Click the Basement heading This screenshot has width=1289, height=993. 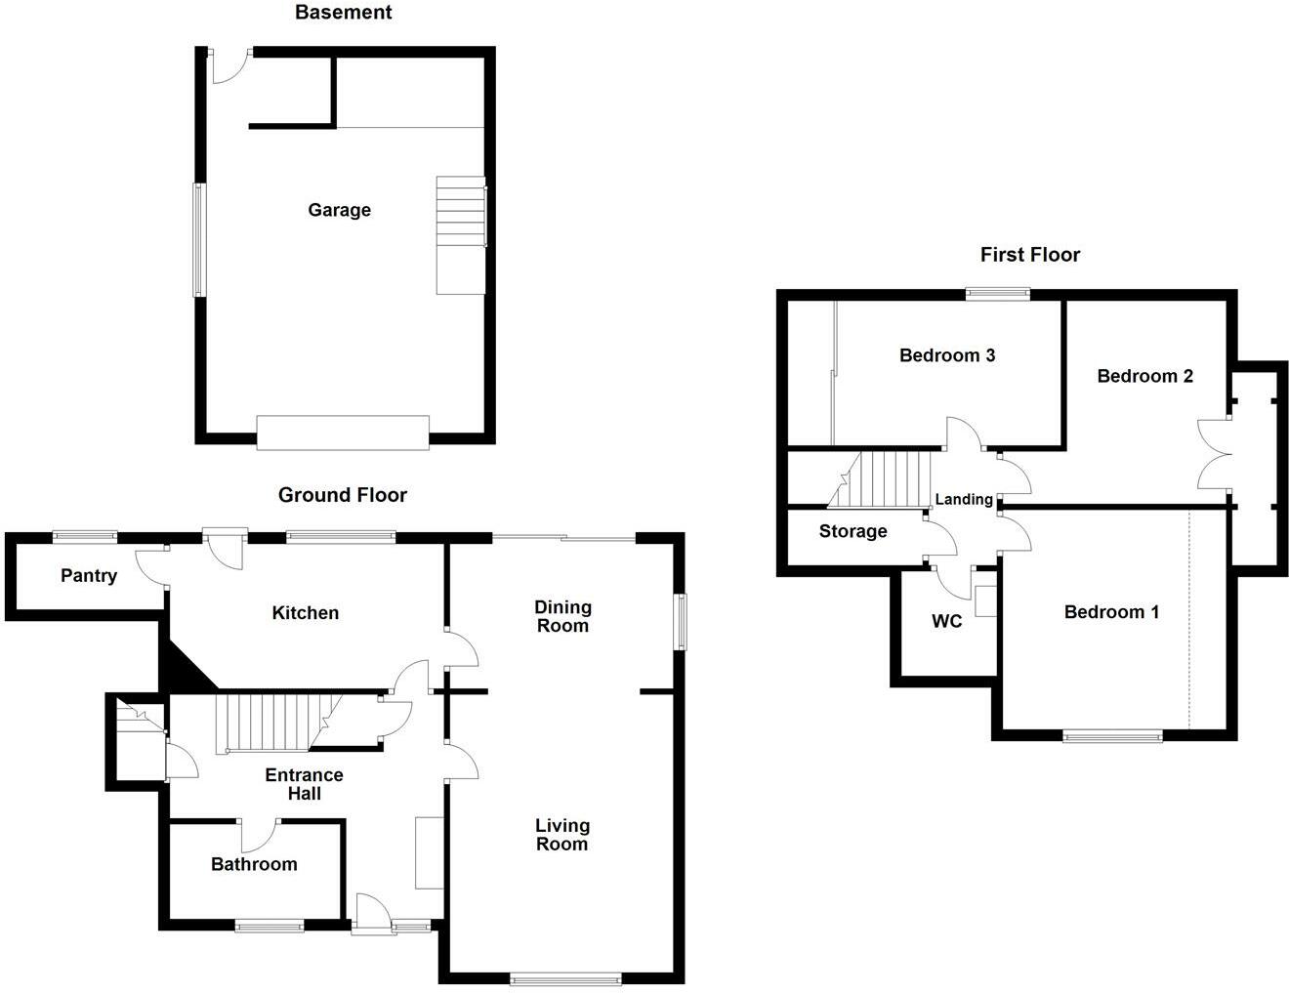tap(343, 13)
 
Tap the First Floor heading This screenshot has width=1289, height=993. tap(1029, 255)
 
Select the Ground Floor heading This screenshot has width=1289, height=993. tap(342, 495)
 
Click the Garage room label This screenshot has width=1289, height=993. tap(339, 210)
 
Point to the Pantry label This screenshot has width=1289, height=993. tap(88, 576)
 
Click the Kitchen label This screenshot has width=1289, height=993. tap(305, 613)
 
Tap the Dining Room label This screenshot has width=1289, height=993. tap(562, 617)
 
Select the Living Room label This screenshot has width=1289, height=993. tap(561, 836)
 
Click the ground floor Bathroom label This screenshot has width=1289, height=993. tap(254, 864)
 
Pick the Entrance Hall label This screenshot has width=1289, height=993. tap(304, 784)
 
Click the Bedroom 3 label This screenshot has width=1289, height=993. tap(946, 355)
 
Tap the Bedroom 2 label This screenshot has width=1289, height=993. tap(1144, 376)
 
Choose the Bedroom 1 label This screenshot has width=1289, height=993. tap(1111, 612)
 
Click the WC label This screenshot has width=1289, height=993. tap(946, 621)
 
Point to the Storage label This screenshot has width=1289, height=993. tap(852, 531)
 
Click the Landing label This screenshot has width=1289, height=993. tap(964, 500)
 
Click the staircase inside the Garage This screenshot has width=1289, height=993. tap(460, 234)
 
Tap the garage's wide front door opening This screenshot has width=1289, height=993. tap(342, 432)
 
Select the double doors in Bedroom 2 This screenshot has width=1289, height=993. tap(1211, 453)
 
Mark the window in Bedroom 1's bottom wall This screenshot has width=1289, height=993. tap(1112, 737)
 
